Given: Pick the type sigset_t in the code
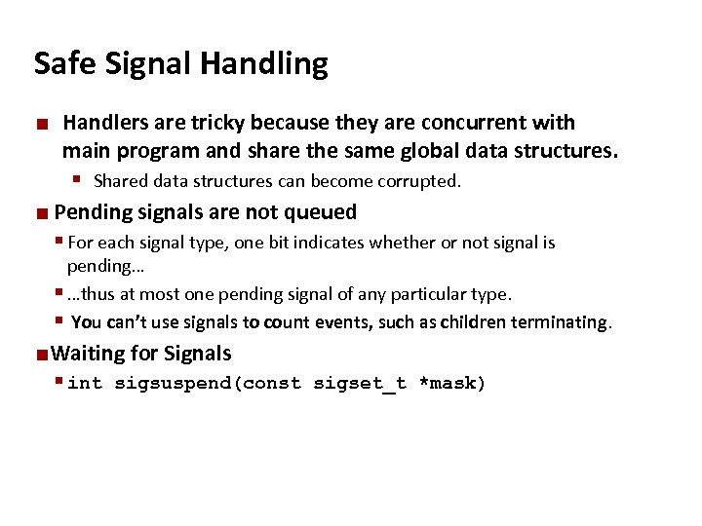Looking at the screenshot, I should point(359,384).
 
